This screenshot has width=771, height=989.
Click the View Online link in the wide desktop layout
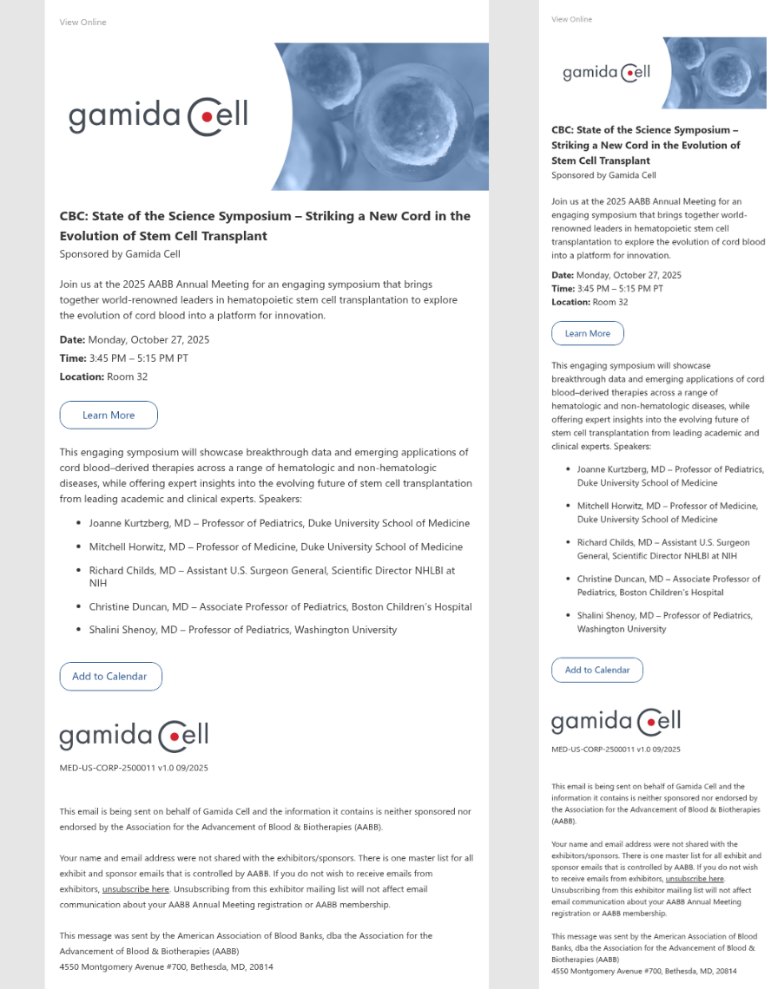tap(82, 23)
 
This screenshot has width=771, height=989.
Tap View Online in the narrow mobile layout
tap(571, 19)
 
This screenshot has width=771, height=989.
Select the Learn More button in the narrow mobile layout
tap(587, 333)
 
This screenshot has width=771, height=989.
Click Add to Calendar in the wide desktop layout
tap(110, 677)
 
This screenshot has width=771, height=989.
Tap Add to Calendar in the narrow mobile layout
tap(596, 670)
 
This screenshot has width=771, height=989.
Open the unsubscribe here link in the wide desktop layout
tap(135, 889)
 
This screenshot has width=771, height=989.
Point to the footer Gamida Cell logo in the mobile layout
tap(616, 722)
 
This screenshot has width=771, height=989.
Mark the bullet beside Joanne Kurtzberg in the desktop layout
tap(78, 523)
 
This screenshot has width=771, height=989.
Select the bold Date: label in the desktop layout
tap(72, 340)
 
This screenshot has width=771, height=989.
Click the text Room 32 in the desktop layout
tap(127, 377)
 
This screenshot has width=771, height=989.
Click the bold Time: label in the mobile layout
tap(563, 288)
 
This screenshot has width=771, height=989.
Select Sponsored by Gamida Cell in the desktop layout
tap(120, 254)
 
